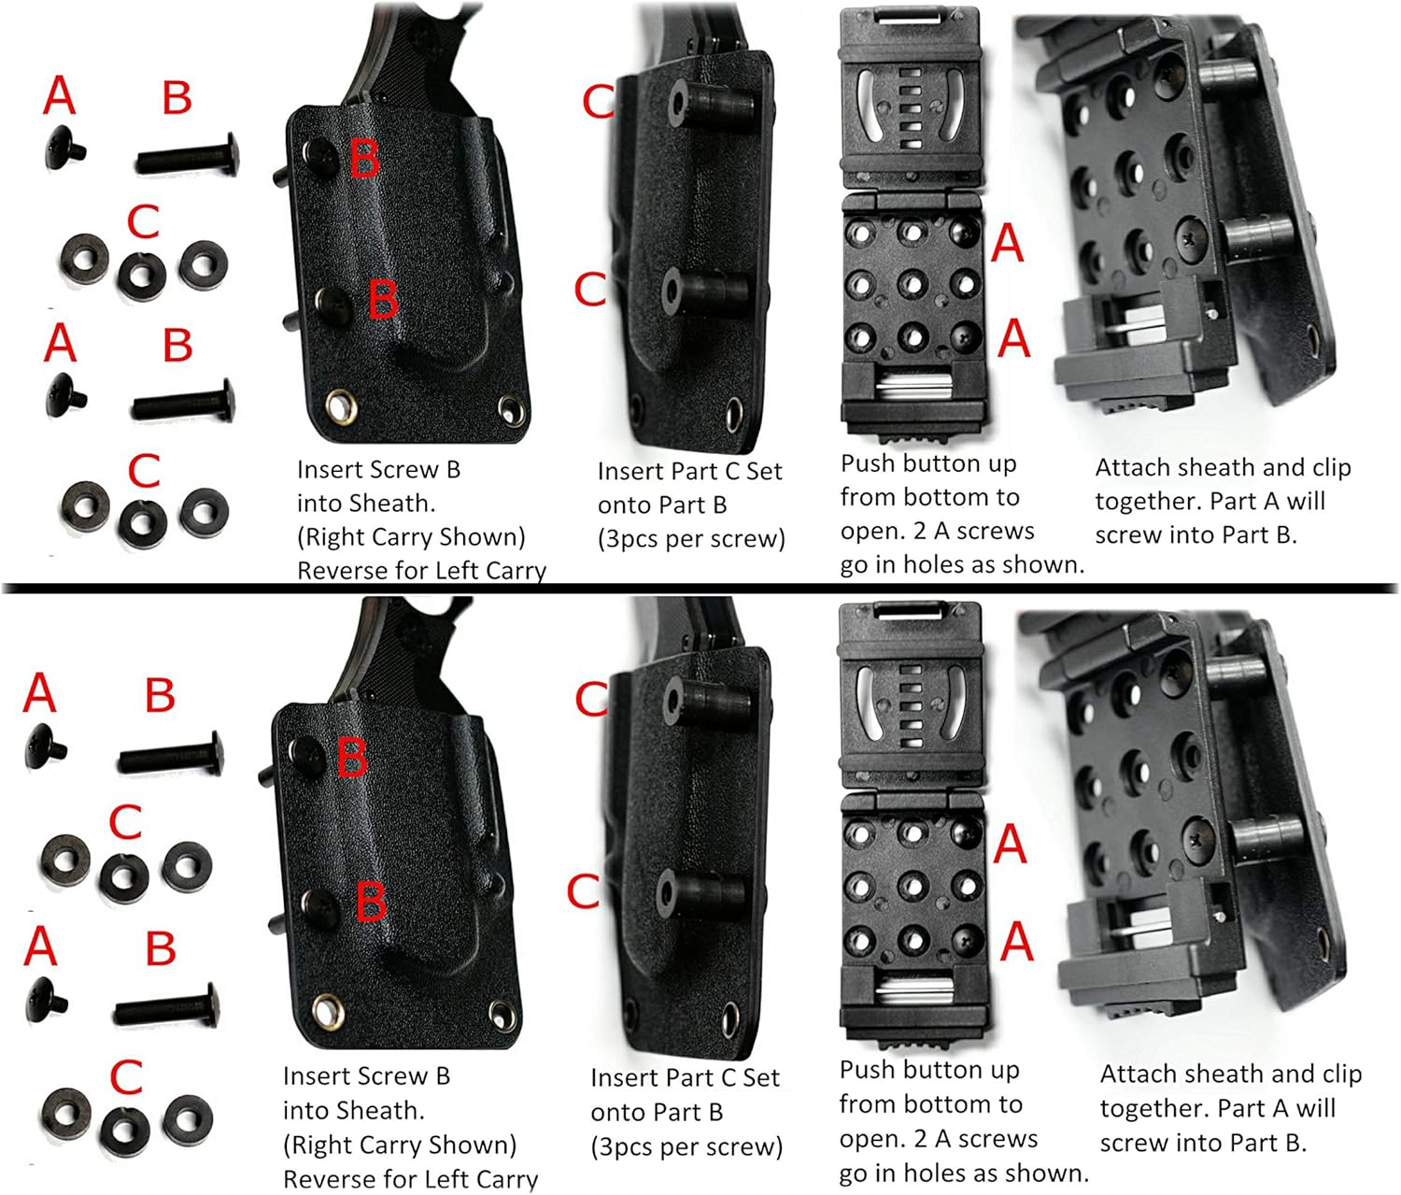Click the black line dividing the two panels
(700, 588)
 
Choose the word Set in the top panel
(763, 471)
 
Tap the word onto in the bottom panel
(617, 1112)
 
